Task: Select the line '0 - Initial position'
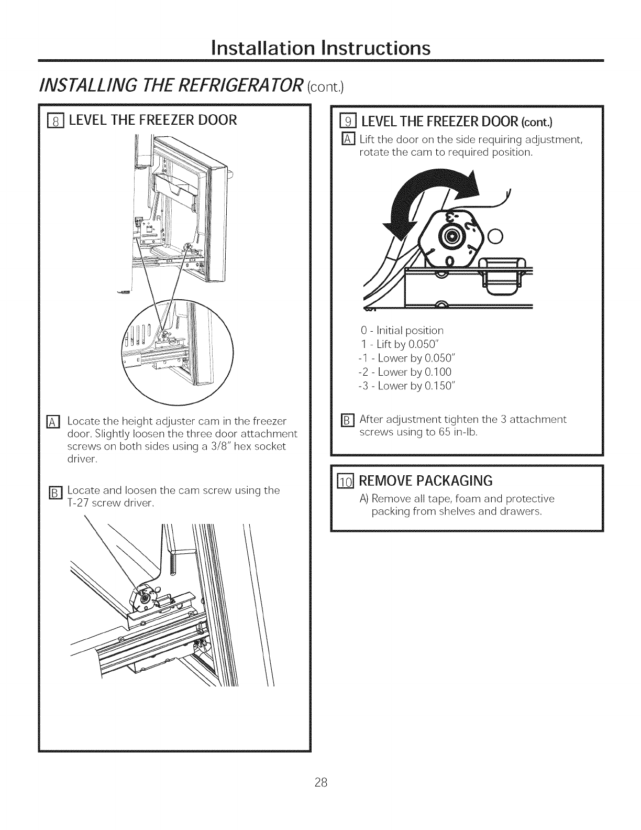click(402, 331)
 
